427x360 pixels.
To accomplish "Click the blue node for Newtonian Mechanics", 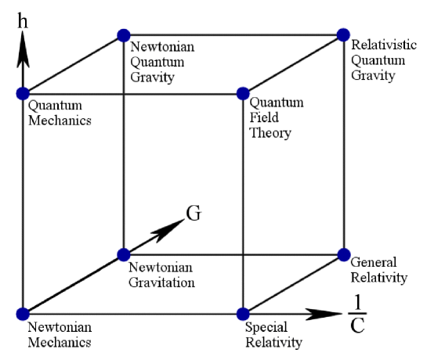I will tap(21, 314).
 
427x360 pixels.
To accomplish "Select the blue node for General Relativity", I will tap(343, 254).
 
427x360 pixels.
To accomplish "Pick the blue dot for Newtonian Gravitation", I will tap(123, 254).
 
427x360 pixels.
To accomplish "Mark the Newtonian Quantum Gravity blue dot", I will tap(123, 34).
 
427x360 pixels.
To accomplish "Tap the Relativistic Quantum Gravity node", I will tap(343, 34).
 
